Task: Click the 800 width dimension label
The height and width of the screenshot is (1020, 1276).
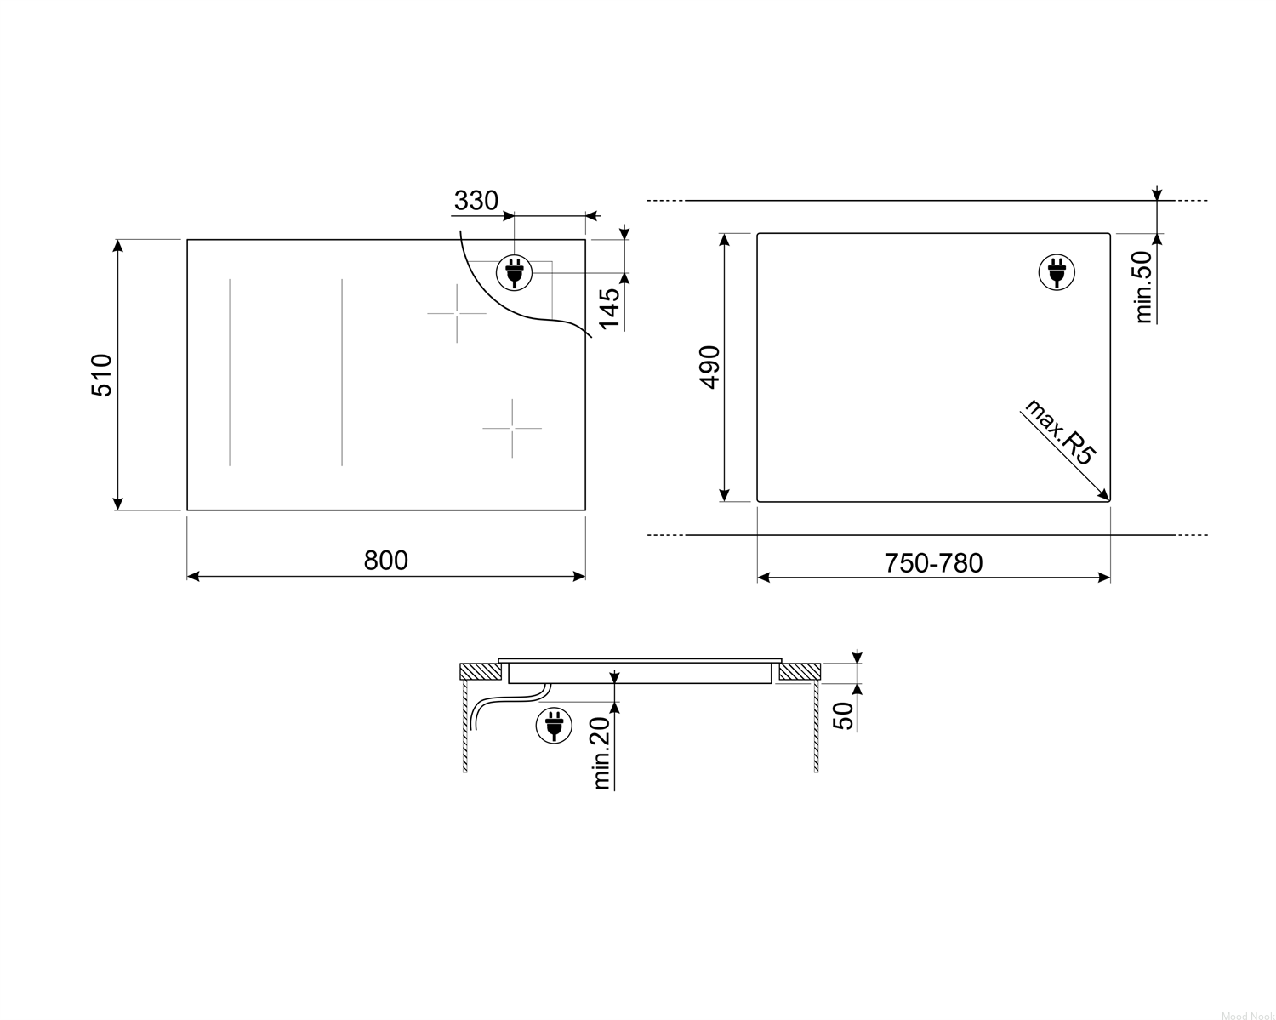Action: (385, 561)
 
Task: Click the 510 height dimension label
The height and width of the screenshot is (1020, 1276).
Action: (101, 375)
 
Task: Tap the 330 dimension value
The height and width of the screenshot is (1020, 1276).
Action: (476, 201)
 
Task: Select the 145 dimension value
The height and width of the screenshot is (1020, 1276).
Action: (609, 308)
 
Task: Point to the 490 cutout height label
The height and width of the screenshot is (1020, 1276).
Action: (709, 368)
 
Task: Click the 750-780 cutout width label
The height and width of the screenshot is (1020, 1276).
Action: (933, 563)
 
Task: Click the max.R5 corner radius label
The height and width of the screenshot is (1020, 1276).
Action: (1060, 431)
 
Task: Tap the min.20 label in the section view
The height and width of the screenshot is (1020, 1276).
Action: (601, 753)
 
